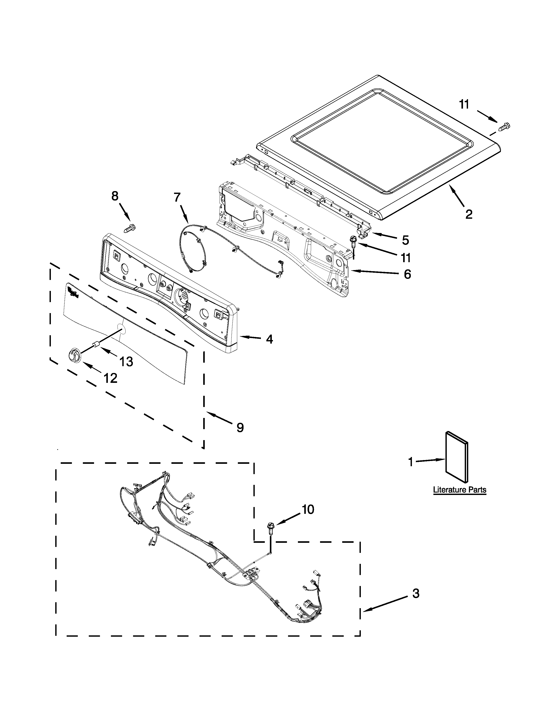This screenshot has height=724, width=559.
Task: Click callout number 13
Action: pos(126,362)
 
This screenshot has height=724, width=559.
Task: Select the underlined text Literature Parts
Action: pos(460,490)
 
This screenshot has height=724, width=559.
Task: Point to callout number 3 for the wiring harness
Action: pos(416,593)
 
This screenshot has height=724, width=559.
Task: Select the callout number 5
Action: pos(405,240)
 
